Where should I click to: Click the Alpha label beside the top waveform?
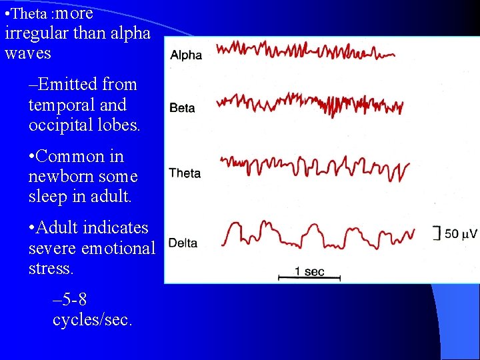pyautogui.click(x=186, y=55)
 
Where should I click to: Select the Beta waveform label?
pyautogui.click(x=182, y=107)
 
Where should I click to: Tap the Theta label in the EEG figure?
pyautogui.click(x=185, y=173)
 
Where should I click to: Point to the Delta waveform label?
pyautogui.click(x=183, y=243)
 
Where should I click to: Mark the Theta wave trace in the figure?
pyautogui.click(x=313, y=167)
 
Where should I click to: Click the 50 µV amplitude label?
pyautogui.click(x=461, y=234)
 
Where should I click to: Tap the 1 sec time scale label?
pyautogui.click(x=310, y=271)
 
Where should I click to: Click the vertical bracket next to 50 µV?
pyautogui.click(x=437, y=233)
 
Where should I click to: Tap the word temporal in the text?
pyautogui.click(x=58, y=105)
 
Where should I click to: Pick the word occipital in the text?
pyautogui.click(x=59, y=125)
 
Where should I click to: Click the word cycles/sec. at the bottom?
pyautogui.click(x=92, y=319)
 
